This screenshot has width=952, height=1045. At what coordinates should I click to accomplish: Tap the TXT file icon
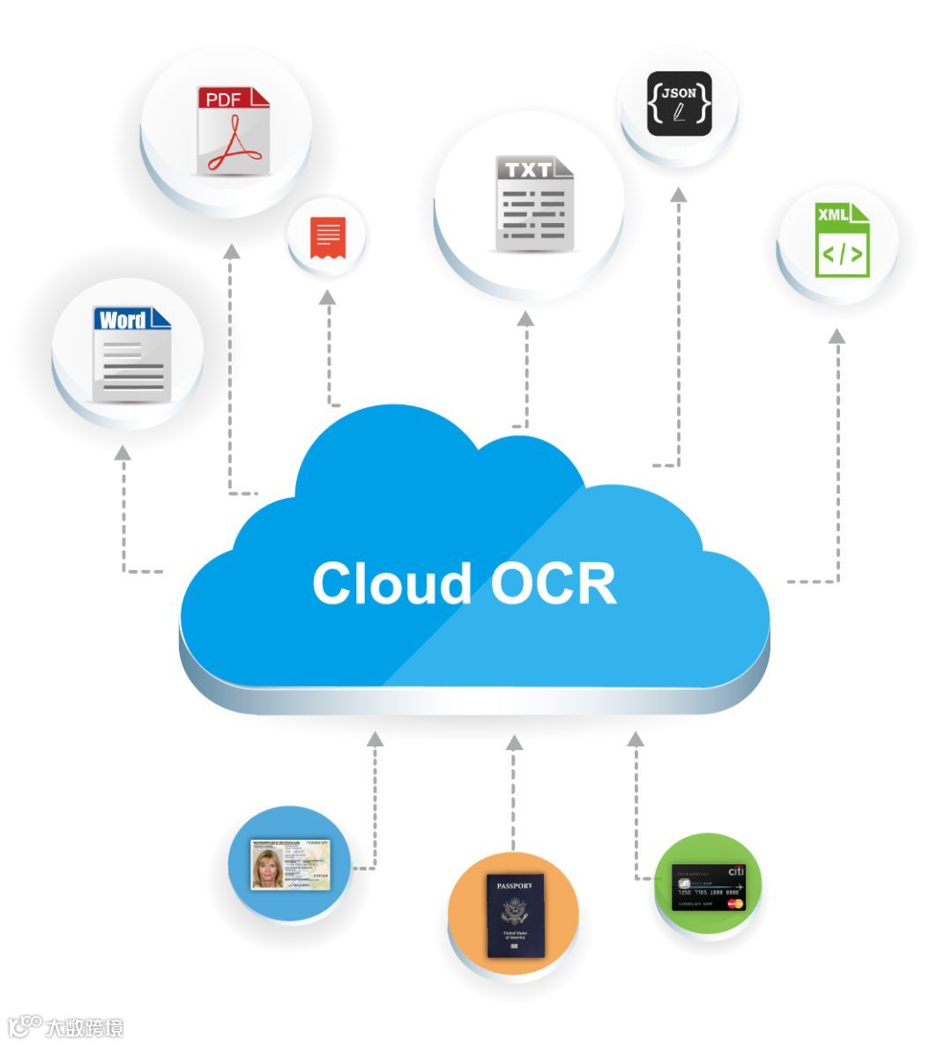coord(533,204)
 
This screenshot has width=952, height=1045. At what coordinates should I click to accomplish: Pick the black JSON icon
coord(679,103)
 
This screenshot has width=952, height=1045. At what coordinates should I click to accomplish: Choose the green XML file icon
coord(842,239)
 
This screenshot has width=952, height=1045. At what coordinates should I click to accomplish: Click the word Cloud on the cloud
coord(391,583)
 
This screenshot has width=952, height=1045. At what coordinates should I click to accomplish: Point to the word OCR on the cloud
coord(553,583)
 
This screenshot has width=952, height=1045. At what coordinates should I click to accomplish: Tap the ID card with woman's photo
coord(290,863)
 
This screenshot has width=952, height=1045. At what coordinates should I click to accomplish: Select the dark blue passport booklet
coord(516,915)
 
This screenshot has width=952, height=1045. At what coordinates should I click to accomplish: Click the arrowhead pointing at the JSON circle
coord(678,195)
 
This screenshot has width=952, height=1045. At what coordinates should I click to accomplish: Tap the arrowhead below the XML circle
coord(837,336)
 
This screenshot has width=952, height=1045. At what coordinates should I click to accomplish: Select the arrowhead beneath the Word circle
coord(123,452)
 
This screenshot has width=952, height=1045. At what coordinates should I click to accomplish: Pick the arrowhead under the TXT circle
coord(526,318)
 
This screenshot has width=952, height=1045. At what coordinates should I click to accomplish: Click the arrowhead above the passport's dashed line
coord(514,743)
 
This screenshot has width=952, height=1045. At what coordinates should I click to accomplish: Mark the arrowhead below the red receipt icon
coord(328,297)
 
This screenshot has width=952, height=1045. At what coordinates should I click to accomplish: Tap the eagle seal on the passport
coord(515,910)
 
